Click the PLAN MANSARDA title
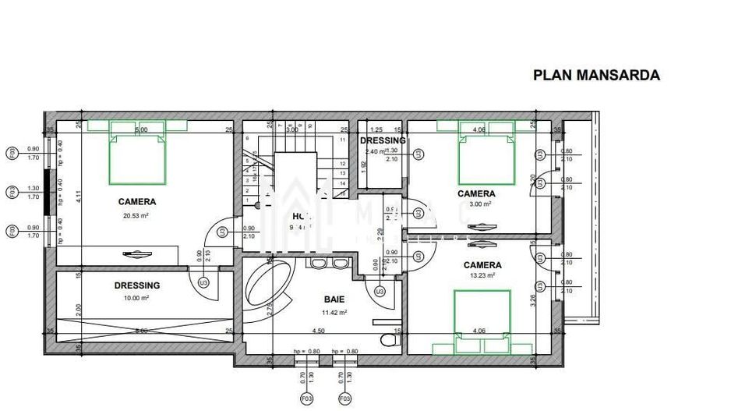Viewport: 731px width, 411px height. pyautogui.click(x=596, y=75)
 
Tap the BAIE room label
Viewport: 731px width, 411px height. pyautogui.click(x=335, y=299)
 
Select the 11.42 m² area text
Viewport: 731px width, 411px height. pyautogui.click(x=335, y=312)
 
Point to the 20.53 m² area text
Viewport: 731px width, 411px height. pyautogui.click(x=136, y=215)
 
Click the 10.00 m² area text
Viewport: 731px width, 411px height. pyautogui.click(x=136, y=298)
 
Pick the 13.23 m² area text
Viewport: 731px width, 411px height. pyautogui.click(x=482, y=275)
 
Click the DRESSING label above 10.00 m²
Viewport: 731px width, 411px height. pyautogui.click(x=136, y=285)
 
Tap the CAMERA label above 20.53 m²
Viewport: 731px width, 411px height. pyautogui.click(x=136, y=201)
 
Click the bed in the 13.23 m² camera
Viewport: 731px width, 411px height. pyautogui.click(x=482, y=316)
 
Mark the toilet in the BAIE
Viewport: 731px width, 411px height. pyautogui.click(x=388, y=341)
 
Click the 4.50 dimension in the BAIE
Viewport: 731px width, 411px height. pyautogui.click(x=319, y=331)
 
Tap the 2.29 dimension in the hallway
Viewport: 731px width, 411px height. pyautogui.click(x=379, y=232)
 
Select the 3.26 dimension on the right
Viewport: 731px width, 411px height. pyautogui.click(x=532, y=297)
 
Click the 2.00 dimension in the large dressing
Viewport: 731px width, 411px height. pyautogui.click(x=79, y=309)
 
